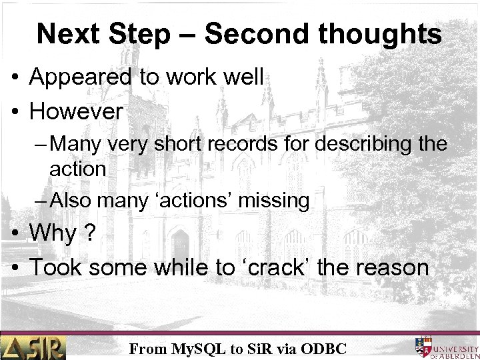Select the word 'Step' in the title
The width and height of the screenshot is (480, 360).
tap(139, 34)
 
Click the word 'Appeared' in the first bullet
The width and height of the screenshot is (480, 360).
tap(82, 79)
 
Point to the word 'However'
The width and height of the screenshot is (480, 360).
tap(77, 111)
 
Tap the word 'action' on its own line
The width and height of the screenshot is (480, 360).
tap(77, 169)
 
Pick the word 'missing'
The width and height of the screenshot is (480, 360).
tap(281, 200)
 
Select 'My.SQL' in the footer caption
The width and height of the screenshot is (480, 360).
tap(198, 347)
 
